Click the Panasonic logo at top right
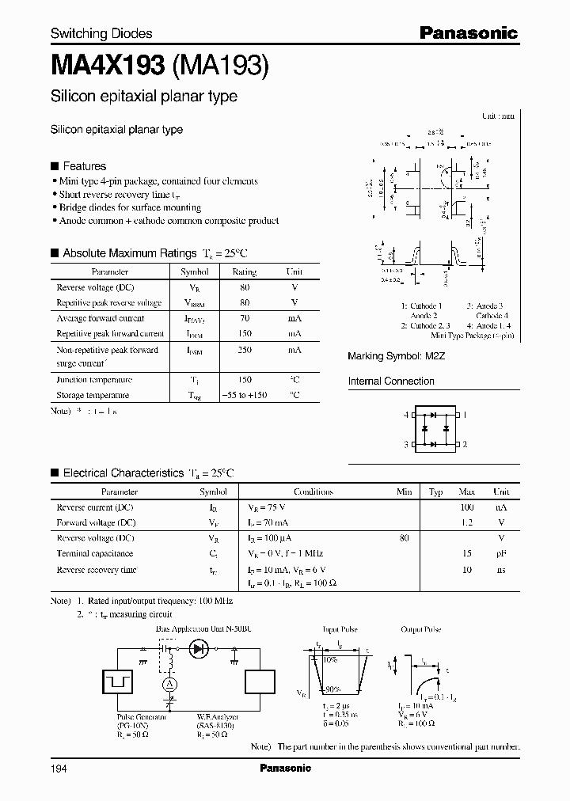(x=468, y=33)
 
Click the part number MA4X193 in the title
(x=108, y=64)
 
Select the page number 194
(x=60, y=768)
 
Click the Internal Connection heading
(x=391, y=381)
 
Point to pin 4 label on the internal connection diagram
(x=406, y=415)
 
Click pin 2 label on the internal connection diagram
(x=465, y=445)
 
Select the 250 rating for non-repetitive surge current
(x=244, y=349)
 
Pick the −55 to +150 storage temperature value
(x=244, y=394)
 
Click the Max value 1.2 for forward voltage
(x=466, y=522)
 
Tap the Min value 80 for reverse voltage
(x=405, y=537)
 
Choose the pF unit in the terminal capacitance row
(x=500, y=553)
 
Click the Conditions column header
(x=313, y=492)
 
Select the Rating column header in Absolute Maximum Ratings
(x=244, y=271)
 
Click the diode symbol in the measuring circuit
(x=198, y=649)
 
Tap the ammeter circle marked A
(x=168, y=683)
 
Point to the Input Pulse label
(x=340, y=629)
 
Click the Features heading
(x=84, y=166)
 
